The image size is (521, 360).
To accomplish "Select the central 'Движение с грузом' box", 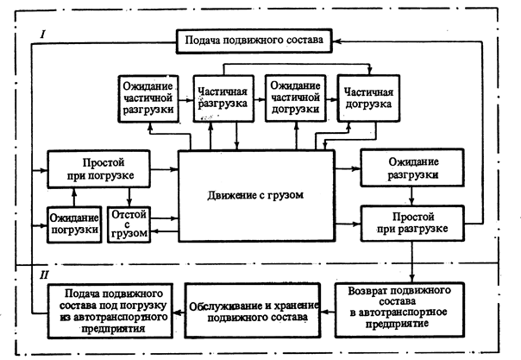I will point(256,196).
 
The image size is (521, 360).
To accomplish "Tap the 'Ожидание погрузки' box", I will point(73,222).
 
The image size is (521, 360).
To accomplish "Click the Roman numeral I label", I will point(42,34).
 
